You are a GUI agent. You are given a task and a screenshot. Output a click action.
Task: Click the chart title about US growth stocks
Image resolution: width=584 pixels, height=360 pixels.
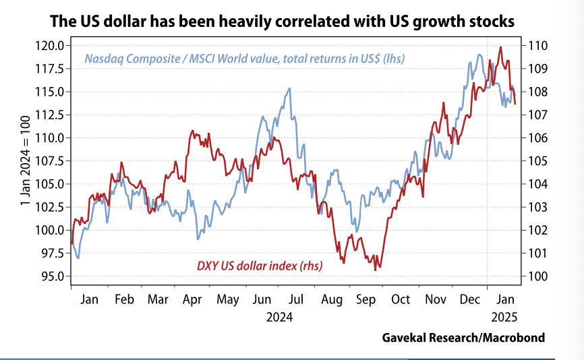click(x=283, y=22)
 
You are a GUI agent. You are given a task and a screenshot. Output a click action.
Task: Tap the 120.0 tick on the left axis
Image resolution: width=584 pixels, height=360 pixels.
click(x=51, y=46)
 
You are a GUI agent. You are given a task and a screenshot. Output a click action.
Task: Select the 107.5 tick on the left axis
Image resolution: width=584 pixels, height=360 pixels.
click(x=51, y=161)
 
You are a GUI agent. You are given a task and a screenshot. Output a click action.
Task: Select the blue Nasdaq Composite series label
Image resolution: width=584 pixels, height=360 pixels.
click(x=244, y=59)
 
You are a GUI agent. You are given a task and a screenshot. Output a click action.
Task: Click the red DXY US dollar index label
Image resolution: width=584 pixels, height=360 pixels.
click(x=259, y=266)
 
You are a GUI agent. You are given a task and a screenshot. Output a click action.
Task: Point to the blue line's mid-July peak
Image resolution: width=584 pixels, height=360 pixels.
click(x=290, y=88)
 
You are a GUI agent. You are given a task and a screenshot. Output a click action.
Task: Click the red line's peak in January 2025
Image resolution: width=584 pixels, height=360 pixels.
click(x=500, y=47)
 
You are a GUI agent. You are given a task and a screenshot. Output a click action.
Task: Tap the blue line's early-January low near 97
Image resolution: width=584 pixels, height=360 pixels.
click(x=79, y=258)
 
